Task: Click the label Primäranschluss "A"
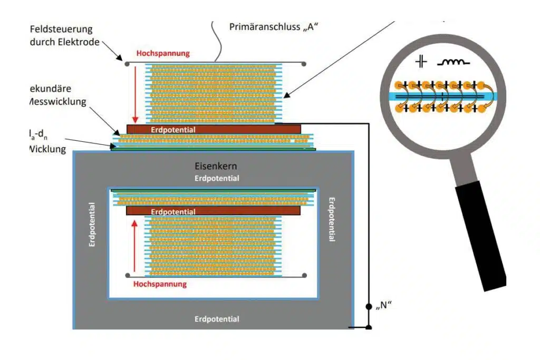[272, 27]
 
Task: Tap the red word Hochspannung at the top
[162, 53]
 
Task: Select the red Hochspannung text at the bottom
[160, 284]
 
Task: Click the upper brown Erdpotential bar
[214, 129]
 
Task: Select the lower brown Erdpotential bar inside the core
[213, 211]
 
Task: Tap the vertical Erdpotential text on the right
[332, 220]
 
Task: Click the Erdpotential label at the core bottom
[217, 319]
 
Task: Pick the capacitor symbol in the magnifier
[420, 62]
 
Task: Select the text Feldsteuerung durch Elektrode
[65, 35]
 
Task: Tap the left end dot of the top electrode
[127, 64]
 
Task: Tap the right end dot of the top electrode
[304, 64]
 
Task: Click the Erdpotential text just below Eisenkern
[217, 178]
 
